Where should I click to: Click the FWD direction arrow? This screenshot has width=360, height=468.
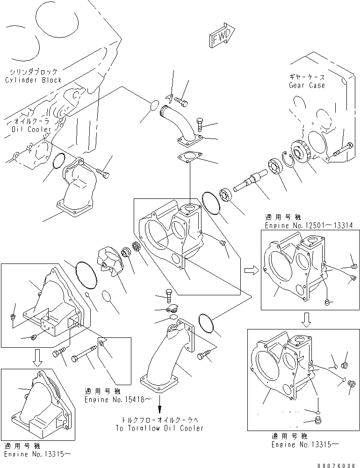pyautogui.click(x=222, y=35)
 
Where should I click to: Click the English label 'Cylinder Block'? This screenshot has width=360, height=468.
pyautogui.click(x=33, y=80)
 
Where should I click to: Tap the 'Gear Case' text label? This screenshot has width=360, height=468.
pyautogui.click(x=307, y=85)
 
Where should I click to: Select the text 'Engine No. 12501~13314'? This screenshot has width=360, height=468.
pyautogui.click(x=309, y=226)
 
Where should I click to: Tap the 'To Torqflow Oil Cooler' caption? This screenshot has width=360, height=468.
pyautogui.click(x=159, y=428)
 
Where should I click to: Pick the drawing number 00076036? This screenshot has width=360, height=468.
pyautogui.click(x=337, y=465)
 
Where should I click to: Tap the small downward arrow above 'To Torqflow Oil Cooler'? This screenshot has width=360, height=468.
pyautogui.click(x=160, y=403)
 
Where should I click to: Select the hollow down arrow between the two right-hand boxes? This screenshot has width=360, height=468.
pyautogui.click(x=306, y=319)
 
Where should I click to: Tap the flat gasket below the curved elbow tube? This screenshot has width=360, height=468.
pyautogui.click(x=190, y=157)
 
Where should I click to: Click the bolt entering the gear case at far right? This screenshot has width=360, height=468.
pyautogui.click(x=342, y=150)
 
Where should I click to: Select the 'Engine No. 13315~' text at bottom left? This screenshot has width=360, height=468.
pyautogui.click(x=37, y=454)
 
